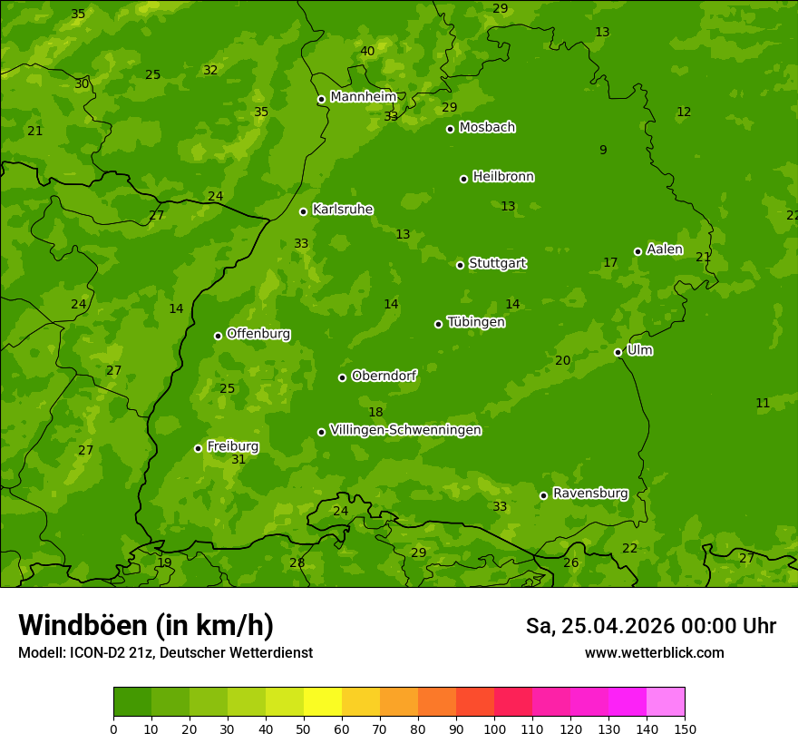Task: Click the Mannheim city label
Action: [364, 97]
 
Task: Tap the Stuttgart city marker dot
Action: [460, 265]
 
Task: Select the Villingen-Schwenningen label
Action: [405, 430]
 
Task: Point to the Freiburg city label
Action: [232, 446]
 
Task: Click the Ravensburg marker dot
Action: [543, 495]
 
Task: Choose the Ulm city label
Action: [639, 350]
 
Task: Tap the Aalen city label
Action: [665, 249]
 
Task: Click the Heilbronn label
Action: [503, 177]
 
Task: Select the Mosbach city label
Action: [487, 127]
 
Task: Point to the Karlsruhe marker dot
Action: [303, 211]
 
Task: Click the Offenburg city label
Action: [258, 334]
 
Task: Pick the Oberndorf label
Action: [384, 376]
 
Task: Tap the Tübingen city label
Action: [476, 322]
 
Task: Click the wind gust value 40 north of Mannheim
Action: [367, 52]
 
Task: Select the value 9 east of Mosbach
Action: [603, 151]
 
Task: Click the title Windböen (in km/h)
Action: [146, 625]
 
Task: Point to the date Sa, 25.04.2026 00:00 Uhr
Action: [650, 626]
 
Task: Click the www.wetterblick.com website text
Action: [654, 653]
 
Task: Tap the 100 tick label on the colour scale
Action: [494, 729]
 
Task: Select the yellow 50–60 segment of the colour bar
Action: [323, 702]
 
